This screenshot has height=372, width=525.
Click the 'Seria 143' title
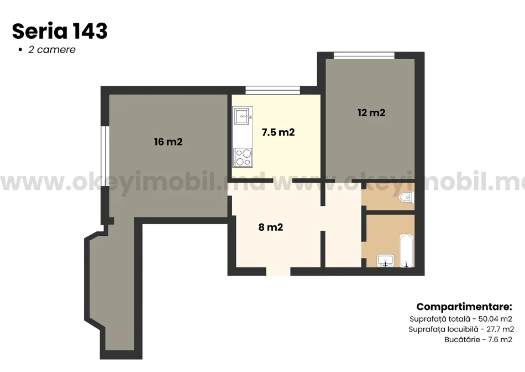coord(60,31)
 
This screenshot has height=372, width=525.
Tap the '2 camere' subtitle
coord(52,50)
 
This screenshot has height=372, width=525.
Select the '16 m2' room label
coord(168,142)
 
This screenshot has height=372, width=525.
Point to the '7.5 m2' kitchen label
coord(278,132)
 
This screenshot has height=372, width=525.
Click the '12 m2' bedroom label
coord(371,113)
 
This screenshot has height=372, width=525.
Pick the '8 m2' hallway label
coord(271,227)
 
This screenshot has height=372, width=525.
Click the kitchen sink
coord(243,116)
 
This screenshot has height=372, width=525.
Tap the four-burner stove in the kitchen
coord(243,157)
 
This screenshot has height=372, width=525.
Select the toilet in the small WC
coord(407,197)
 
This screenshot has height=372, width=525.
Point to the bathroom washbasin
coord(385,261)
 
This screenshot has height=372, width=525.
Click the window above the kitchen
coord(273,90)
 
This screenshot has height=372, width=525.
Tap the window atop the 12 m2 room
coord(364,55)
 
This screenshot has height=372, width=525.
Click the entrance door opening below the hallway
coord(278,271)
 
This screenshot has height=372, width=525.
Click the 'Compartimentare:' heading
coord(464,307)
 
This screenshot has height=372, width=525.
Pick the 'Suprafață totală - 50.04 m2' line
coord(461,319)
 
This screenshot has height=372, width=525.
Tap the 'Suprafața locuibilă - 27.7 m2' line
coord(461,329)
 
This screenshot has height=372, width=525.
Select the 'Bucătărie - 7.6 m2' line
coord(478,339)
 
